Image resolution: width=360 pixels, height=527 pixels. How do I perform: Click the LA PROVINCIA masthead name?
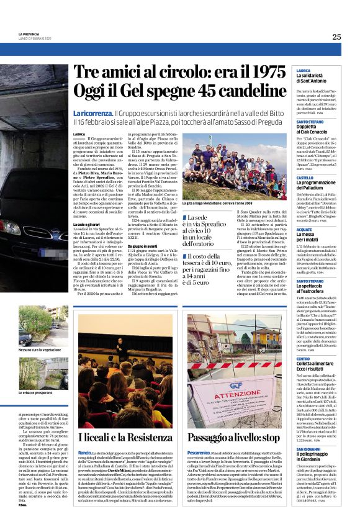point(30,34)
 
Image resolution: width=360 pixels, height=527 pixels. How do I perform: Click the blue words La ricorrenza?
point(92,114)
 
